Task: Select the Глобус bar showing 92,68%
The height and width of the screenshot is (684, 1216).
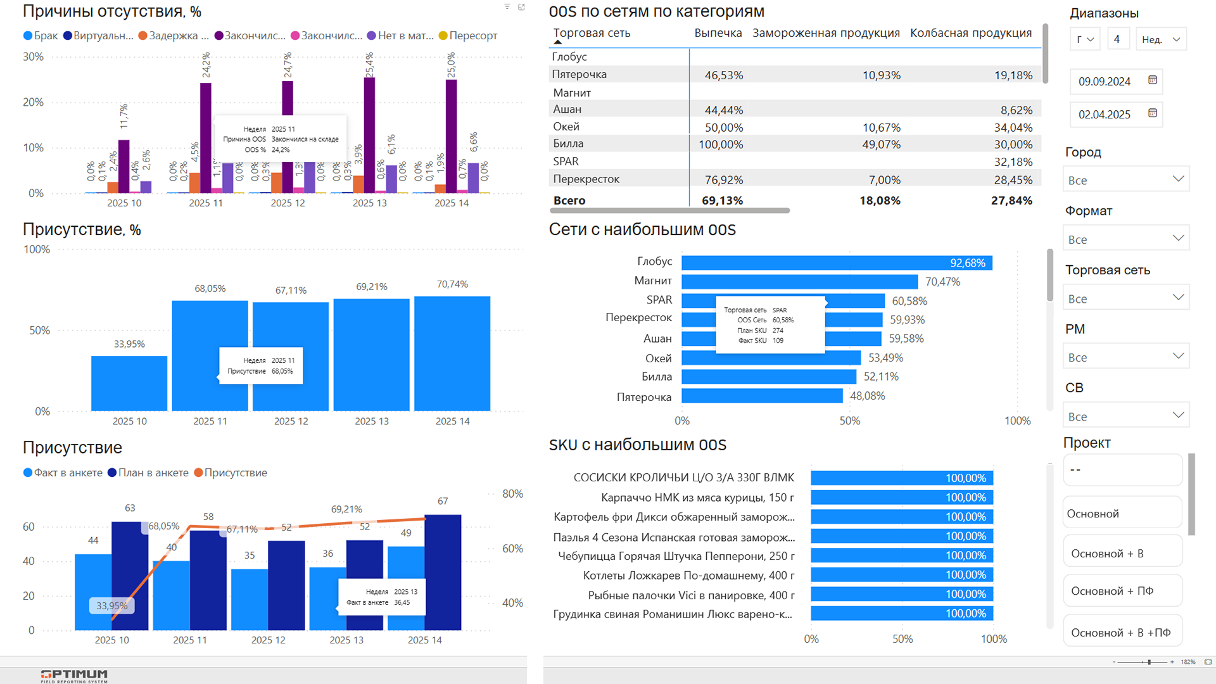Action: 836,263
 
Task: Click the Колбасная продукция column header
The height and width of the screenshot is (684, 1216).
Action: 970,33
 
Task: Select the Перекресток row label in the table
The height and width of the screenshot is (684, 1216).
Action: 586,179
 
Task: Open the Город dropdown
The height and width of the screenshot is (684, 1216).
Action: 1125,180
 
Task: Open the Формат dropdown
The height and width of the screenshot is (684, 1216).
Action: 1125,239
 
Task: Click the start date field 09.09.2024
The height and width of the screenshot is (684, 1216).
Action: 1105,81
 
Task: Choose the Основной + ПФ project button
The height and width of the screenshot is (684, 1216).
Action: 1122,591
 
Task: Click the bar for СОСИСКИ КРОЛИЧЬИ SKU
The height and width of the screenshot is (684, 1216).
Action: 902,478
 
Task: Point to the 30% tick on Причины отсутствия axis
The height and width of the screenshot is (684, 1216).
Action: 33,56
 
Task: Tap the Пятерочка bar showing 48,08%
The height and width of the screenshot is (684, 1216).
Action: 761,396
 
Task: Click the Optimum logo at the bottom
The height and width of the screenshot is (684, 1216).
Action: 74,675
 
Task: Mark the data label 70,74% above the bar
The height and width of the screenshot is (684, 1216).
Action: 452,284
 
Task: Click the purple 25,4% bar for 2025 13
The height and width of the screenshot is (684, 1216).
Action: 369,134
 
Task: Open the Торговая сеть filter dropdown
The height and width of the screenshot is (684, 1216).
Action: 1125,298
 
